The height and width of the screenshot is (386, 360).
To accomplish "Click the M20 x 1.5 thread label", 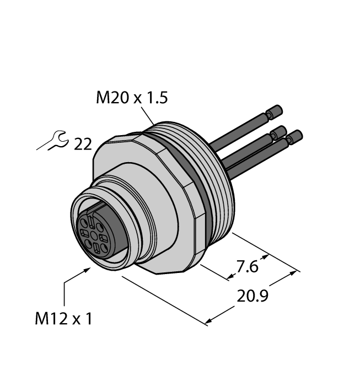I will coord(131,98).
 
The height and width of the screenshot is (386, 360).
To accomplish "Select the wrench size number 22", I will coord(82,144).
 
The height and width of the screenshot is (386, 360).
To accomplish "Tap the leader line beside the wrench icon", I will coord(45,145).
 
